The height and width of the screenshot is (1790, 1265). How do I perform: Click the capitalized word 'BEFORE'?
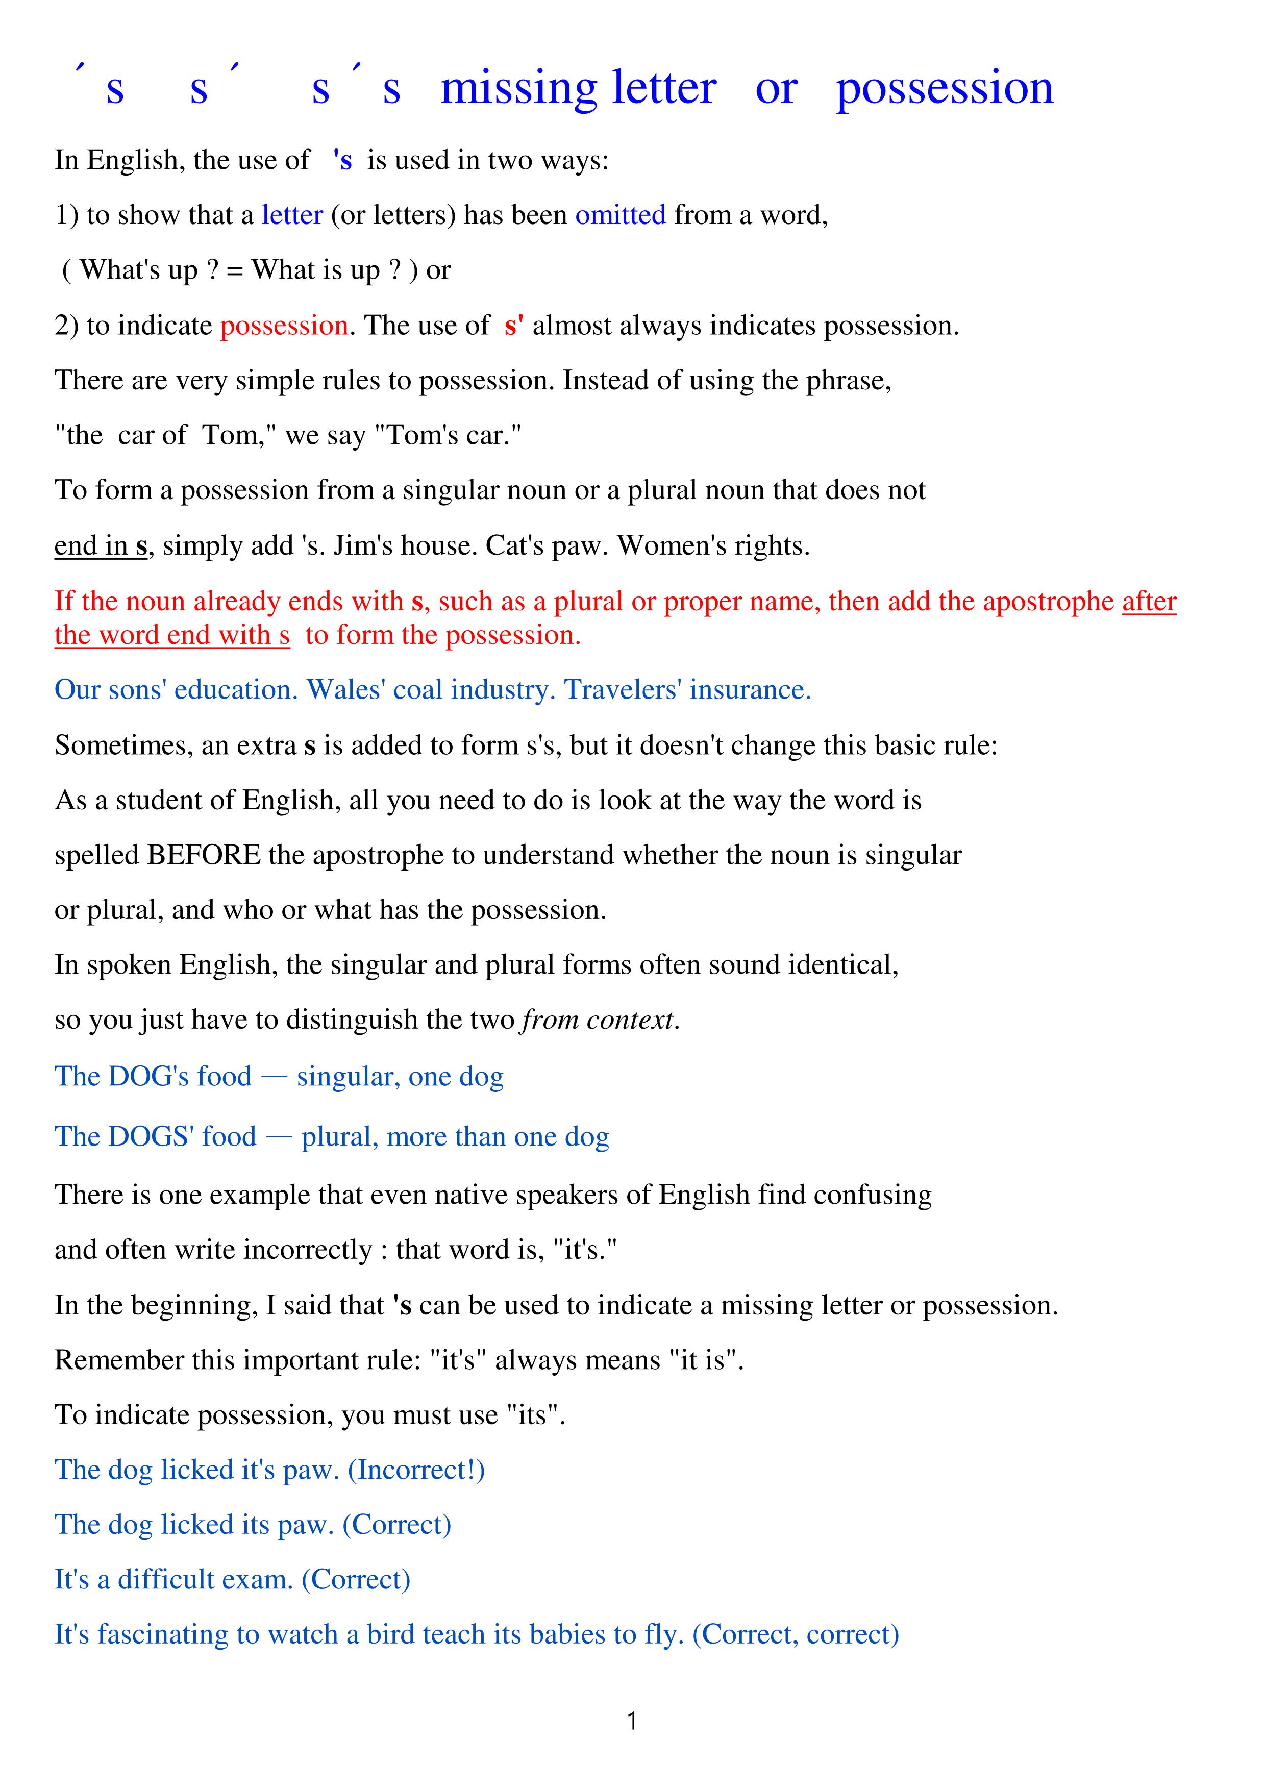204,855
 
